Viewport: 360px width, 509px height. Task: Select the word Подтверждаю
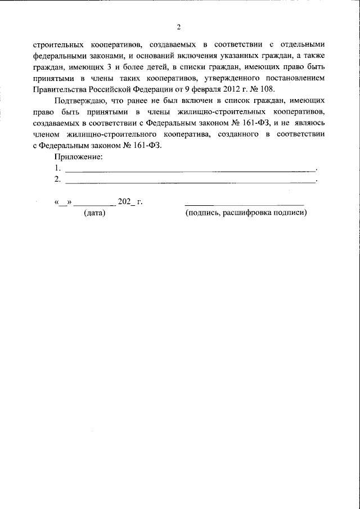(80, 101)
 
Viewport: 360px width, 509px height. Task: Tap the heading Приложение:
(79, 156)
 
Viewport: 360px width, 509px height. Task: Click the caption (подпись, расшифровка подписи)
(246, 213)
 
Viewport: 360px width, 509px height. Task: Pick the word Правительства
(60, 89)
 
